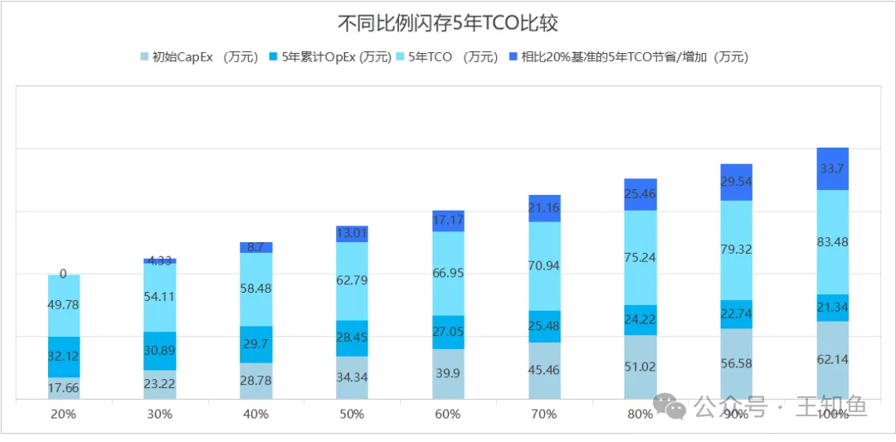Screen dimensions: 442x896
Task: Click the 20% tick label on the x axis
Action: (63, 413)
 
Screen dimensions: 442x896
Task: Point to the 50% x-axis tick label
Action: (352, 413)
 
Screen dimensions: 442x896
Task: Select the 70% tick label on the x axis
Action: (544, 413)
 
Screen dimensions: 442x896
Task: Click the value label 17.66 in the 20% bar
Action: (63, 388)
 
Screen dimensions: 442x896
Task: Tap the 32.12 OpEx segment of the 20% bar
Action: (63, 357)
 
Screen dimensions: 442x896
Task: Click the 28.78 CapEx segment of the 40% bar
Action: (256, 381)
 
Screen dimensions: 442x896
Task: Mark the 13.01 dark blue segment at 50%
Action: (352, 234)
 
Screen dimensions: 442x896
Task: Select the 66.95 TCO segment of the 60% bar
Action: (448, 274)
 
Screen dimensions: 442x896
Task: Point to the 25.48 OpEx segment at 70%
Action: (544, 327)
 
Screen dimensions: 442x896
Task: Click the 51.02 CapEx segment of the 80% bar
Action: (640, 367)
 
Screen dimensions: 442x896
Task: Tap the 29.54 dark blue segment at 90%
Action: (737, 182)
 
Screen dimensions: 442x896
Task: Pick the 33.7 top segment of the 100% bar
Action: (833, 169)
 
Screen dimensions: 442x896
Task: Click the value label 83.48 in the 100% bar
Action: (833, 242)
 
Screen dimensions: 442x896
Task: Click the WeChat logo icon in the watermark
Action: (670, 407)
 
